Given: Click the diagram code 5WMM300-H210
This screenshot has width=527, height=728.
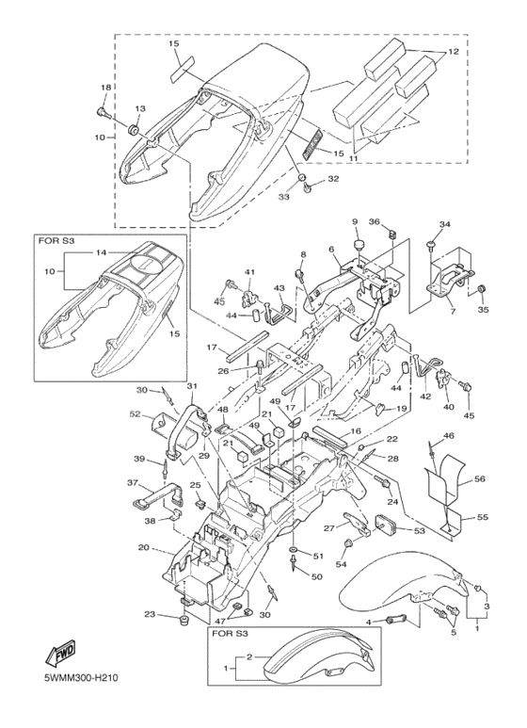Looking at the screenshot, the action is [x=81, y=678].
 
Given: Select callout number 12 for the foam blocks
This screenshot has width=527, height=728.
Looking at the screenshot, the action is [x=454, y=52].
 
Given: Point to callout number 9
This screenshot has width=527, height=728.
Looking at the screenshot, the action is [x=355, y=222].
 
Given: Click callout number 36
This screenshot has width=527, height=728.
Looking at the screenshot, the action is [x=375, y=221].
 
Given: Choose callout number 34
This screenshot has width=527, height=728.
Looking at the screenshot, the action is [x=445, y=225].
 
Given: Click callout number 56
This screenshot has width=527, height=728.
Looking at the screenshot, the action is [x=479, y=478].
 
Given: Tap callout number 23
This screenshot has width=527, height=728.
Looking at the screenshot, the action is [x=149, y=614].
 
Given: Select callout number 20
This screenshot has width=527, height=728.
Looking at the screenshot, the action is [x=143, y=547].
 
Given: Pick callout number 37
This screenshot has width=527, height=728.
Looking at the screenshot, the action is [x=133, y=483].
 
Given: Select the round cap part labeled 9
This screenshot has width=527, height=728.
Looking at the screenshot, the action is [x=359, y=245].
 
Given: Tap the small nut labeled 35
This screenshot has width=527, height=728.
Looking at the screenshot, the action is [x=482, y=289].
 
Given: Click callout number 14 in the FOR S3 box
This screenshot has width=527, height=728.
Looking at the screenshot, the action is [x=102, y=252].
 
